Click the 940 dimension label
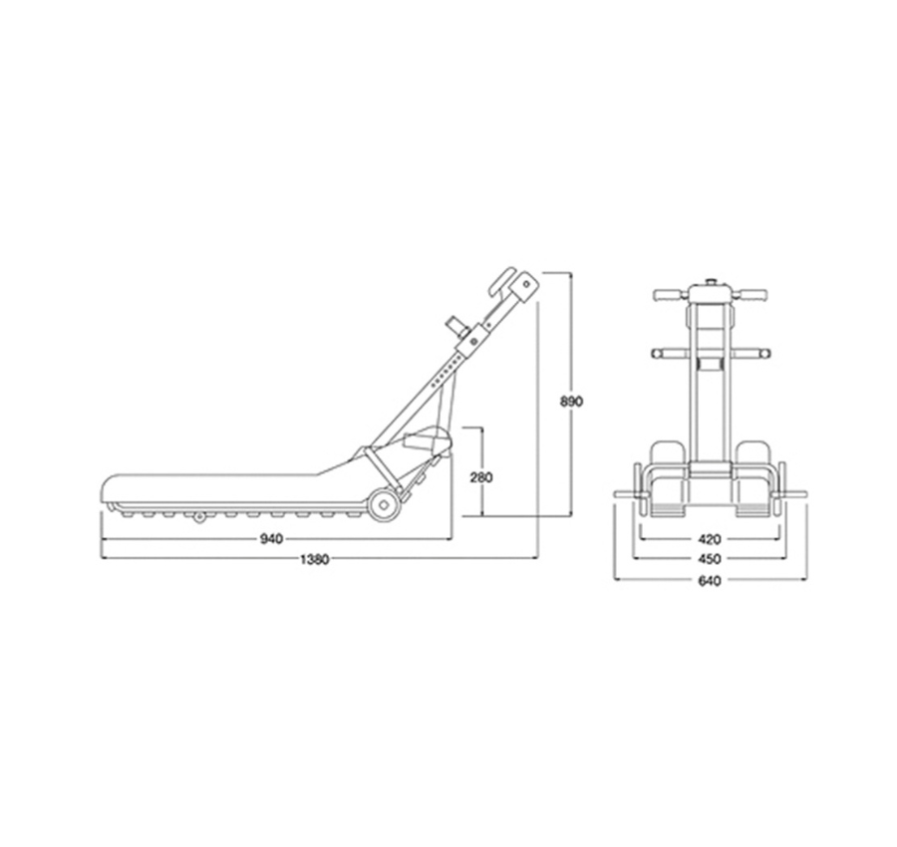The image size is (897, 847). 271,539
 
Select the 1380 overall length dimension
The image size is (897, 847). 314,559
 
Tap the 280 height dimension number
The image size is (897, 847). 481,477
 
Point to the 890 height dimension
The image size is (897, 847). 571,402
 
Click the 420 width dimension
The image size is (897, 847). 710,539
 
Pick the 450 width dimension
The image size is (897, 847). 710,559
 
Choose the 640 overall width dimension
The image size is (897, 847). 710,581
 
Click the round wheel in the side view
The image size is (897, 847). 384,505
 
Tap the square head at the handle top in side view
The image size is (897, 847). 524,288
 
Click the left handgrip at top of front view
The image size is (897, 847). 671,295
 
